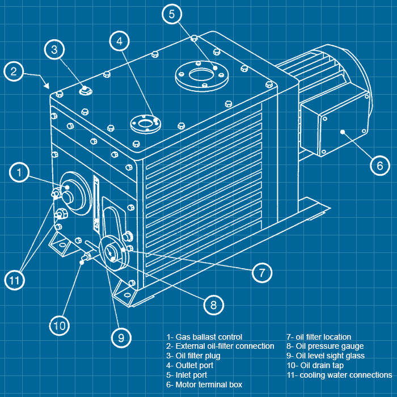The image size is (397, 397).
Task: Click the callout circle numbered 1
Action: pyautogui.click(x=20, y=172)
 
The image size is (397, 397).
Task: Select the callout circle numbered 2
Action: pyautogui.click(x=15, y=71)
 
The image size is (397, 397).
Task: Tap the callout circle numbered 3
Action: pyautogui.click(x=54, y=49)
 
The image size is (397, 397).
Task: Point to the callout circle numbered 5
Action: pyautogui.click(x=172, y=15)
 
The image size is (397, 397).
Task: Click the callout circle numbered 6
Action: pyautogui.click(x=379, y=166)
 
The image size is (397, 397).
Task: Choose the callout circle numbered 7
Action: pyautogui.click(x=261, y=272)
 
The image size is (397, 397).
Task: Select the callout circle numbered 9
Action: pyautogui.click(x=121, y=338)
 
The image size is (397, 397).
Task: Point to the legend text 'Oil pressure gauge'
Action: pyautogui.click(x=325, y=346)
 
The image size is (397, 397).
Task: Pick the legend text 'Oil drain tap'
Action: pyautogui.click(x=318, y=365)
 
